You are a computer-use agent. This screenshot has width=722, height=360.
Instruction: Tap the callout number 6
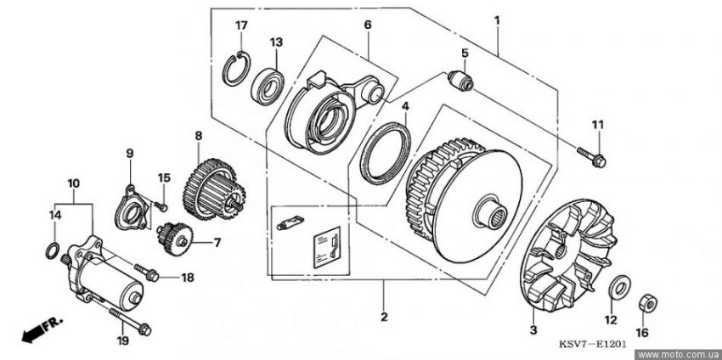pyautogui.click(x=368, y=25)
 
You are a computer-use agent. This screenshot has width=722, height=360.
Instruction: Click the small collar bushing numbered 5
pyautogui.click(x=460, y=79)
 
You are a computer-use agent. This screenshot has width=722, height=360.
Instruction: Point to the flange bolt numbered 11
pyautogui.click(x=592, y=156)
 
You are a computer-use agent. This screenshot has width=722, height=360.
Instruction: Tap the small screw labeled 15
pyautogui.click(x=161, y=205)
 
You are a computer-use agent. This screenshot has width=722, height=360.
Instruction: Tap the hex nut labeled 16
pyautogui.click(x=647, y=303)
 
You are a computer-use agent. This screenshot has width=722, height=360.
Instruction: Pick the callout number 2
pyautogui.click(x=384, y=317)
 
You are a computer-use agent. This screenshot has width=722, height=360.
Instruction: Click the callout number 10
pyautogui.click(x=74, y=183)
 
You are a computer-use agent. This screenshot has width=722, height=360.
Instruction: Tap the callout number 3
pyautogui.click(x=533, y=330)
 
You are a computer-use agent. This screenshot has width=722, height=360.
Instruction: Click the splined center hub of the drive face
pyautogui.click(x=490, y=212)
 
